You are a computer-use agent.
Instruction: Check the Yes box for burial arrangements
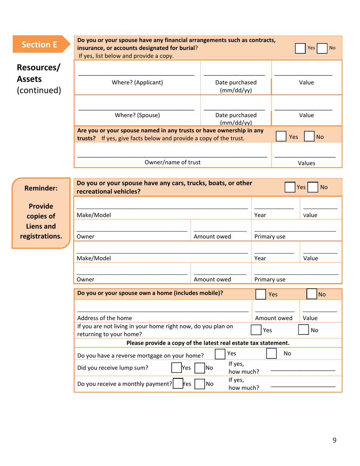300,48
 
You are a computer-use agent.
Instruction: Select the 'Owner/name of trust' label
173,163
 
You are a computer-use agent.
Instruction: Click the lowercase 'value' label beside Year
310,215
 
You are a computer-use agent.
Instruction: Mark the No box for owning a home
312,294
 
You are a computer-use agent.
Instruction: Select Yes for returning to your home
257,330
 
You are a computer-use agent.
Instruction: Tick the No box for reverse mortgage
271,353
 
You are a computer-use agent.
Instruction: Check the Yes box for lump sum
176,367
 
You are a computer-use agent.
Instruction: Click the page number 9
334,440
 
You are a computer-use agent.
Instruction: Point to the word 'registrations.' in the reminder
41,237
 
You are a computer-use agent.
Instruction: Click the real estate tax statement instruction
208,343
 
